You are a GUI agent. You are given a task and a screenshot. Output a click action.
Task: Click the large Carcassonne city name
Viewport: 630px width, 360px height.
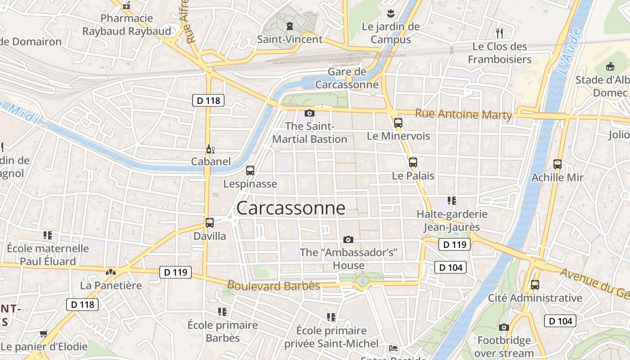[x=291, y=208]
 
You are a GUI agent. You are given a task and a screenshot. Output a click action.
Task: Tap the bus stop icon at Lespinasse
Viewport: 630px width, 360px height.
[x=250, y=171]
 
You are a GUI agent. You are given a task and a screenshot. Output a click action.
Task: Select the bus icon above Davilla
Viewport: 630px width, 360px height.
[x=210, y=222]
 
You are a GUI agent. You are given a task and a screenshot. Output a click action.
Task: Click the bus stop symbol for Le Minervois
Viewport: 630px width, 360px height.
[x=398, y=122]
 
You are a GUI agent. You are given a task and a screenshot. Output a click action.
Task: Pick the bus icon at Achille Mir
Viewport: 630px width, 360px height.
[x=558, y=164]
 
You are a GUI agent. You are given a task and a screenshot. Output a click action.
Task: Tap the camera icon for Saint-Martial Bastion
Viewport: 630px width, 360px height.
[x=310, y=113]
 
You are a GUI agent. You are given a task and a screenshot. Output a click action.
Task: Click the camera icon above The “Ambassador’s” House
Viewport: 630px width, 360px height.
[x=348, y=239]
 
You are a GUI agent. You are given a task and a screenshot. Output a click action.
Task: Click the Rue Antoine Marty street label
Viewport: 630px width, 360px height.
[x=463, y=114]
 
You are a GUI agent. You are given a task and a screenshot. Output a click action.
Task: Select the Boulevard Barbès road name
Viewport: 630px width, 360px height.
[x=274, y=286]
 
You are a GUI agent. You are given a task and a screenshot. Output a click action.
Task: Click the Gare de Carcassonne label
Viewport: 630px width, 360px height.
[x=347, y=78]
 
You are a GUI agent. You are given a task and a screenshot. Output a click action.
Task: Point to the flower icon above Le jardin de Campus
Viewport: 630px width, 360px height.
[x=390, y=13]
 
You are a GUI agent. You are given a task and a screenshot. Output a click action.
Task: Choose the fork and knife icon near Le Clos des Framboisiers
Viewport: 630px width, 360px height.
[x=499, y=33]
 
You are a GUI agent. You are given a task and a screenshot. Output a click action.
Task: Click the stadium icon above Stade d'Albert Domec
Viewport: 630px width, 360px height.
[x=610, y=67]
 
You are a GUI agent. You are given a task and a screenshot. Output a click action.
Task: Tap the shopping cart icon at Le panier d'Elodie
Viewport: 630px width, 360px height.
[x=43, y=333]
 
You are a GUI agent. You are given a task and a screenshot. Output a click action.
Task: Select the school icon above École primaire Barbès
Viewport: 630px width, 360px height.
[x=222, y=311]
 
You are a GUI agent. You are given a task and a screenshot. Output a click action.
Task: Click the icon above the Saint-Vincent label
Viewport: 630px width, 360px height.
[x=289, y=26]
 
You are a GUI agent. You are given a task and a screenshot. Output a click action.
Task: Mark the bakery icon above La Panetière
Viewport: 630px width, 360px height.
[x=110, y=272]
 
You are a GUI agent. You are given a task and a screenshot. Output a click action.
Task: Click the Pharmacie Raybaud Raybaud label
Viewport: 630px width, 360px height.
[x=127, y=25]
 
